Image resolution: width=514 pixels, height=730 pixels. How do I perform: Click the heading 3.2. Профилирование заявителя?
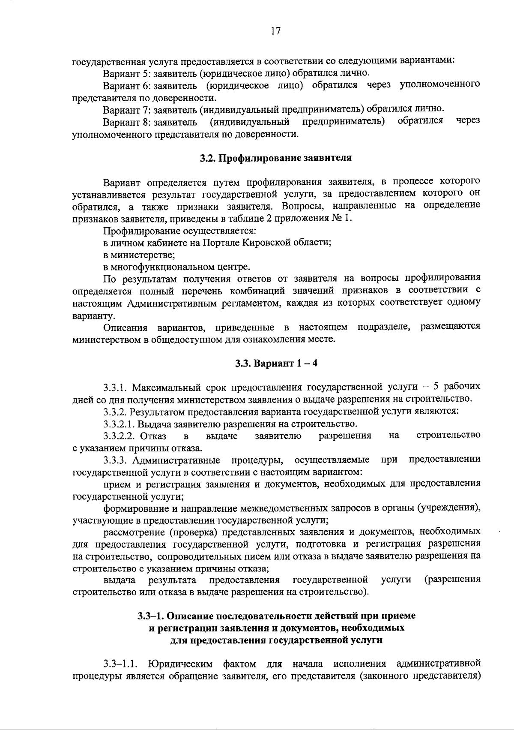[x=276, y=158]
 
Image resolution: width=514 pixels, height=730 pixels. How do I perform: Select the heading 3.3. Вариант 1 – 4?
[x=276, y=363]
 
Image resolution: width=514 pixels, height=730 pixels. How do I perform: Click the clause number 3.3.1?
[x=116, y=387]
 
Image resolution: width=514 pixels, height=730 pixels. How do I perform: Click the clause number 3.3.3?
[x=116, y=460]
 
